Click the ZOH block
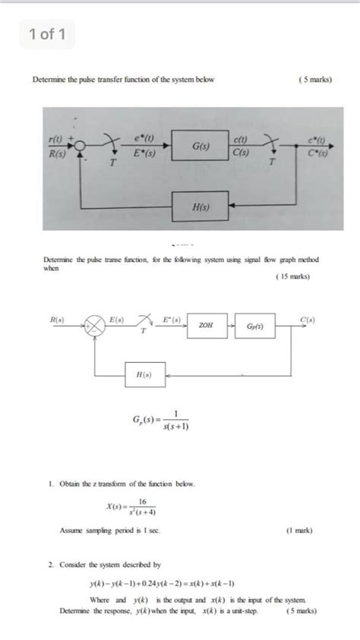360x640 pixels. (x=205, y=325)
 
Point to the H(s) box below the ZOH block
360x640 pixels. (x=143, y=375)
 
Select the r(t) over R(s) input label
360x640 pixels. (x=58, y=144)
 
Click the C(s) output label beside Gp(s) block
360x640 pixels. (x=305, y=320)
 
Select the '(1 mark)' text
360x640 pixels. (x=298, y=531)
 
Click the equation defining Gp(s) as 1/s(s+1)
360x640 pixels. (x=162, y=420)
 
